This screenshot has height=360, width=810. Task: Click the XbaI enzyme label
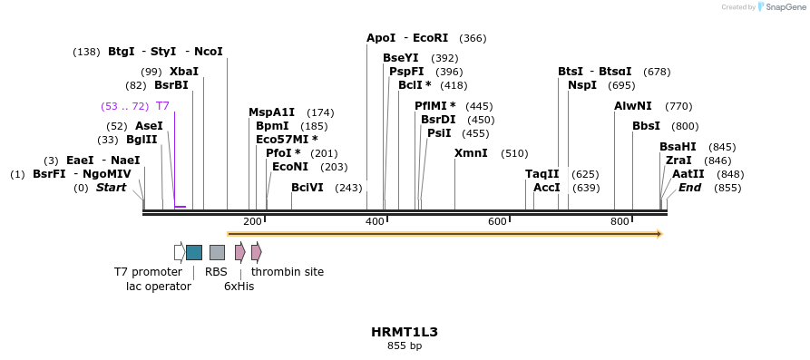click(183, 72)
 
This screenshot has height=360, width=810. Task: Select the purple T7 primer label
click(162, 106)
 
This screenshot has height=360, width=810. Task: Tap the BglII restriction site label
click(141, 140)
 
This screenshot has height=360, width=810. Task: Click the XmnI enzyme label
click(471, 153)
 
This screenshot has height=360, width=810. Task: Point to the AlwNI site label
click(633, 106)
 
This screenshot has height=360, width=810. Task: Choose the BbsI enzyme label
click(646, 126)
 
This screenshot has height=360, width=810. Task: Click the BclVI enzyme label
click(307, 188)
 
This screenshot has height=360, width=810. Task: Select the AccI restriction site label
click(546, 188)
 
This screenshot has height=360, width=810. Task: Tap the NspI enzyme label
click(582, 85)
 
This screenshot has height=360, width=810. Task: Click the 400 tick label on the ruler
click(375, 222)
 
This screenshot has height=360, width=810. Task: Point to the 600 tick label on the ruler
click(497, 222)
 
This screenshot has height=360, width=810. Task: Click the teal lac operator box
click(194, 252)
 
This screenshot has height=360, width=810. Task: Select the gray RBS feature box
click(217, 252)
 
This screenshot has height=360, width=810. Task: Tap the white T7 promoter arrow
click(180, 252)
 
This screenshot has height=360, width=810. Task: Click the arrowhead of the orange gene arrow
click(659, 234)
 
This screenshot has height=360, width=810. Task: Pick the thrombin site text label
click(288, 272)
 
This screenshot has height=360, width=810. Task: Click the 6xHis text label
click(239, 287)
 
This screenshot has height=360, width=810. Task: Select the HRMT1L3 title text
click(405, 332)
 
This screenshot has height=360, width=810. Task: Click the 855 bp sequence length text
click(405, 346)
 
